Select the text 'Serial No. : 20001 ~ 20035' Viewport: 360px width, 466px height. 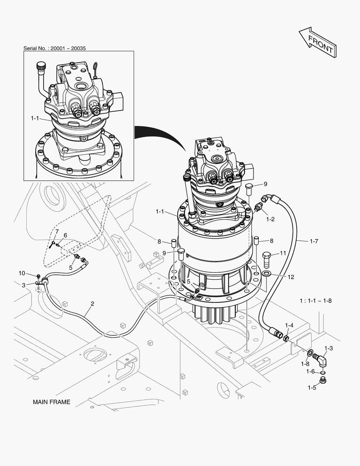[54, 48]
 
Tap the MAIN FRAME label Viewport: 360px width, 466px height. [51, 402]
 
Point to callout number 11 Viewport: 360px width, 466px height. [283, 253]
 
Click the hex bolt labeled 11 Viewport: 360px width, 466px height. [267, 258]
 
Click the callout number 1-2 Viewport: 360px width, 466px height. [270, 219]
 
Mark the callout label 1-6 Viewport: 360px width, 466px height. [310, 372]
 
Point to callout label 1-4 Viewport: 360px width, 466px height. [289, 325]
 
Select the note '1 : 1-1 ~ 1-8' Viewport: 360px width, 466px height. [316, 300]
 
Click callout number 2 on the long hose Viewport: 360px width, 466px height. [92, 303]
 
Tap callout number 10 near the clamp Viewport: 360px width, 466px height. [22, 273]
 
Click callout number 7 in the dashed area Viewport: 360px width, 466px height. [56, 232]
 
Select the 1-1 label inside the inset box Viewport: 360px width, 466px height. [35, 118]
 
